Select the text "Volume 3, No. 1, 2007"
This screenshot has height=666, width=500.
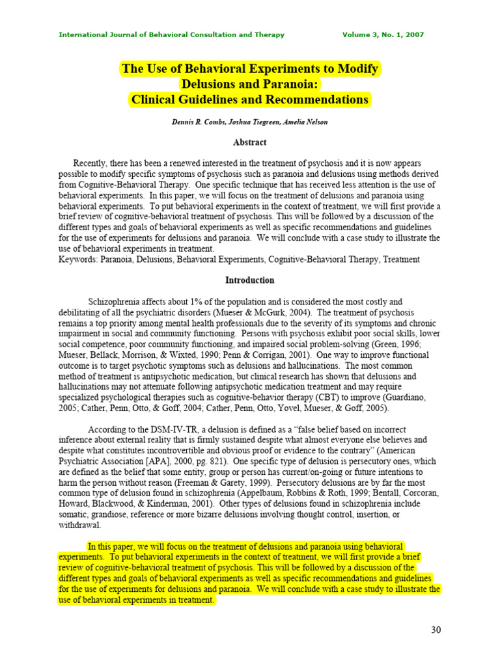click(383, 34)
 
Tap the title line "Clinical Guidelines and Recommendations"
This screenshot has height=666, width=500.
click(250, 100)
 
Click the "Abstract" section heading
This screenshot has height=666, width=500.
click(250, 142)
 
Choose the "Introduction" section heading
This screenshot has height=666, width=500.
click(250, 280)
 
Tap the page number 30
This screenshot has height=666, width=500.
click(436, 630)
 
